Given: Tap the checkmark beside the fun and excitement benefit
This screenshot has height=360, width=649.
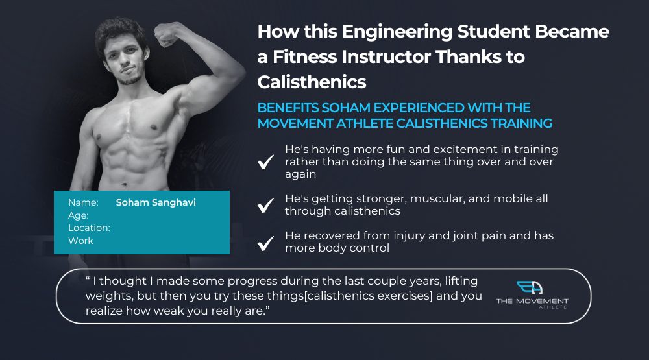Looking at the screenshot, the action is pos(265,162).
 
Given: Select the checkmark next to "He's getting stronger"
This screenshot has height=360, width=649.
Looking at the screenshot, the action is pos(265,205).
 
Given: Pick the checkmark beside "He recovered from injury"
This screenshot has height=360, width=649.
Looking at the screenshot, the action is pos(265,243).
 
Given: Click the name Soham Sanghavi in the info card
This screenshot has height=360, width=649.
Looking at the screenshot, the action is pos(156,202).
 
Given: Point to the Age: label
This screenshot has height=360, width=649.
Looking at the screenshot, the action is pos(79,215).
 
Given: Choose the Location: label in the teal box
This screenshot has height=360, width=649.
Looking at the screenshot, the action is pos(89,228).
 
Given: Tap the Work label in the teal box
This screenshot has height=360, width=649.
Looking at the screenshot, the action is pos(80,241).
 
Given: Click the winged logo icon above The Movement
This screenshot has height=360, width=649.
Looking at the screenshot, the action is pos(530,287).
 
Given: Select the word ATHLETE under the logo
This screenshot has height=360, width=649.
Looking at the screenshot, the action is pos(552,307).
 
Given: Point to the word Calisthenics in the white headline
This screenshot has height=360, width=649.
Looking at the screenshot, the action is pos(312,82).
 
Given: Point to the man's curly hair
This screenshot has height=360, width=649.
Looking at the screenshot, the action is pos(120,31).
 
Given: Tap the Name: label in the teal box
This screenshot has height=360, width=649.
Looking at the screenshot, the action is pos(83,202).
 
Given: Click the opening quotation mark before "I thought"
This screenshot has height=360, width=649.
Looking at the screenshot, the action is pos(88,278).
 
